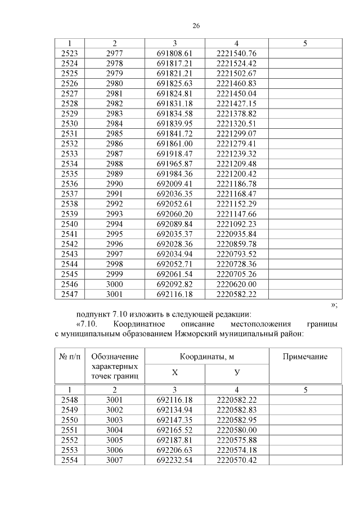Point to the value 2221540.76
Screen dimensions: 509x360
coord(236,53)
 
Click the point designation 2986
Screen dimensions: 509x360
coord(114,145)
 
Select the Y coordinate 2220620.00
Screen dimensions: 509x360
coord(236,284)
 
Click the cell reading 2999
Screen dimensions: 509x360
coord(114,274)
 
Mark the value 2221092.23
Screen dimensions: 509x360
coord(236,223)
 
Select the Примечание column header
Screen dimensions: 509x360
coord(305,357)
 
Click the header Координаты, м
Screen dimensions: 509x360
coord(206,357)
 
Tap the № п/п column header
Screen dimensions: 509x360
coord(70,357)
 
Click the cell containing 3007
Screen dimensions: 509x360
coord(114,461)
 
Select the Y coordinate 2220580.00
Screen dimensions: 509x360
coord(236,430)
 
